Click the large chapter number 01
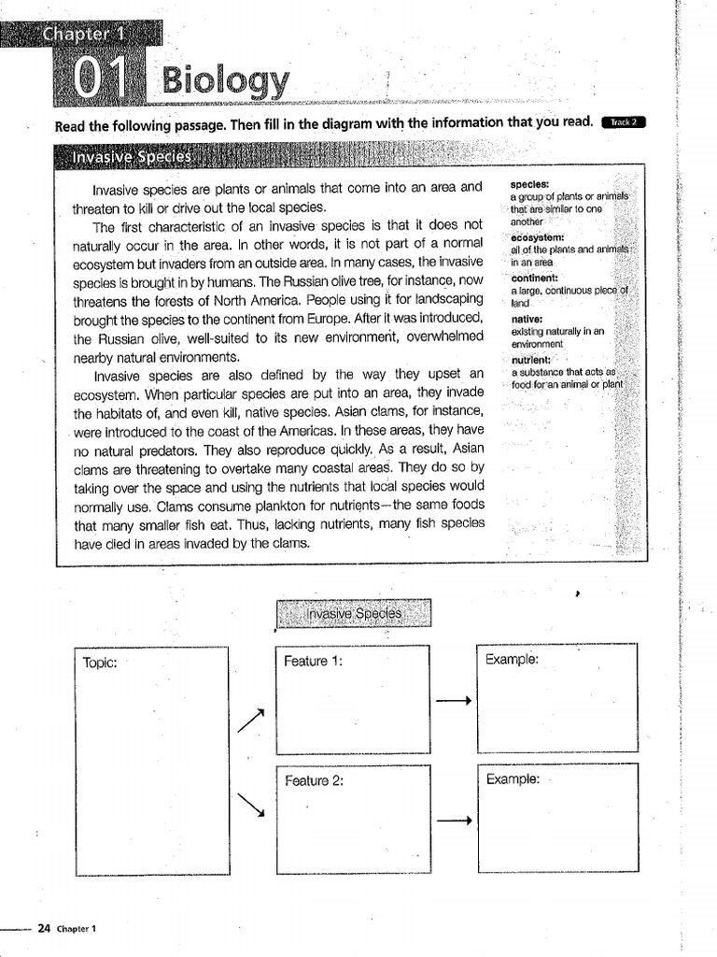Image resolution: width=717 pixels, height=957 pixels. [97, 81]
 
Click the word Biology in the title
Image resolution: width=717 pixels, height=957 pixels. [225, 81]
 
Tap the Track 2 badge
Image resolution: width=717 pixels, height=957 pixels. [625, 122]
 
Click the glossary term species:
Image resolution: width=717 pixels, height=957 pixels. [529, 185]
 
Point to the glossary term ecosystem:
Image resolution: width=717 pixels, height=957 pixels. [538, 237]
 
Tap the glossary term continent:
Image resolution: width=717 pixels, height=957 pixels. [535, 278]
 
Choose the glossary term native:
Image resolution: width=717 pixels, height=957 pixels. [527, 318]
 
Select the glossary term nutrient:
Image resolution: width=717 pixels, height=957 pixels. [532, 360]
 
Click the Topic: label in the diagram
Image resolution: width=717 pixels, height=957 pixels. [100, 662]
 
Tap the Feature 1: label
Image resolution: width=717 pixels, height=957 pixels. [314, 661]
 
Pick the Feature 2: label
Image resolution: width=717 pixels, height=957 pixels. [315, 780]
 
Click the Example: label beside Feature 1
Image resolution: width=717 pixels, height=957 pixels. [512, 659]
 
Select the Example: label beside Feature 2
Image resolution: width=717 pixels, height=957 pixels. [513, 778]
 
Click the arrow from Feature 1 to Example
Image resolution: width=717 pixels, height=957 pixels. [453, 701]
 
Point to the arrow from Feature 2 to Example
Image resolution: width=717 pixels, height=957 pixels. [453, 821]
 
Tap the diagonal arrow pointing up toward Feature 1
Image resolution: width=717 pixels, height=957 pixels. [251, 720]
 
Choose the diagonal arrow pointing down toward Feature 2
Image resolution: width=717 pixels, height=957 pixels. [251, 804]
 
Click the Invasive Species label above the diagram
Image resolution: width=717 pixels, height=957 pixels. [354, 614]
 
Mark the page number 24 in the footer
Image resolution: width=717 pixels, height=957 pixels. [43, 928]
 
